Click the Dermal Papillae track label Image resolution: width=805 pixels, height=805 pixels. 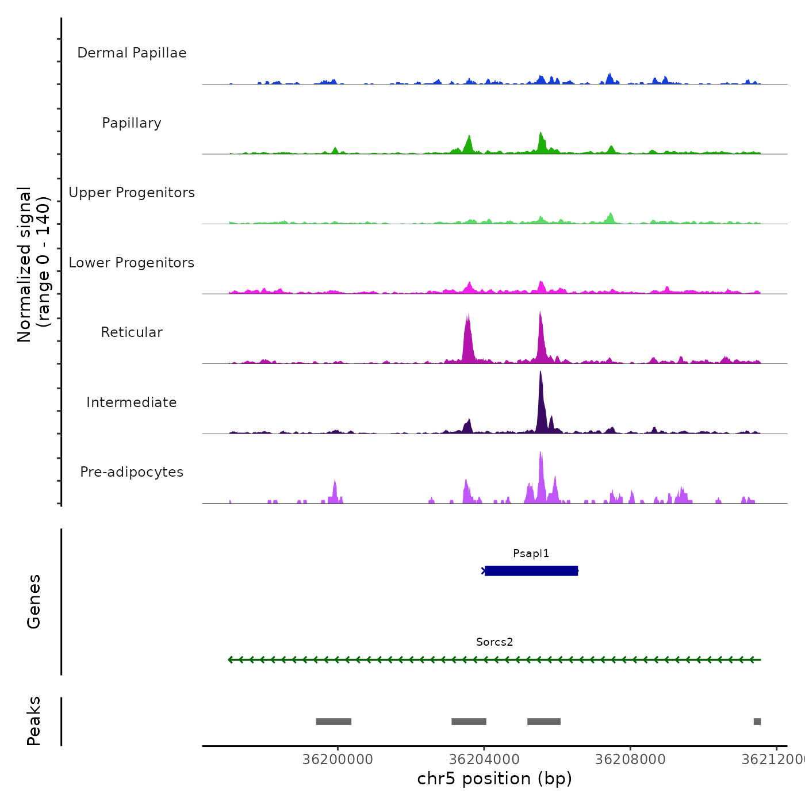click(132, 53)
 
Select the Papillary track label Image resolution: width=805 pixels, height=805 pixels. click(132, 123)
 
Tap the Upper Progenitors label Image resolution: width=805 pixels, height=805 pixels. click(132, 193)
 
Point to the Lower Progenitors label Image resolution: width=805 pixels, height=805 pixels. click(132, 263)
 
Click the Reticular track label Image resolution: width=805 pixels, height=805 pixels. click(132, 332)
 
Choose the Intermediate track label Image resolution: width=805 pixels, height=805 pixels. click(132, 402)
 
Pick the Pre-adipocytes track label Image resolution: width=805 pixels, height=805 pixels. click(132, 472)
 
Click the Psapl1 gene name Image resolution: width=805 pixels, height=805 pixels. click(531, 554)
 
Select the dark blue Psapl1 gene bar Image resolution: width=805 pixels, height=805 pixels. click(531, 571)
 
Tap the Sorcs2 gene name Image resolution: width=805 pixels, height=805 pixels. click(494, 642)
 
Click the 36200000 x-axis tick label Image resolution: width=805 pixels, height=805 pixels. click(338, 760)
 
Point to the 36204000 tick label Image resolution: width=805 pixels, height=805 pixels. click(484, 760)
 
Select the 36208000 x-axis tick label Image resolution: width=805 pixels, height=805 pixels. click(630, 760)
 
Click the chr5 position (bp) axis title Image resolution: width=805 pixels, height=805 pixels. click(494, 779)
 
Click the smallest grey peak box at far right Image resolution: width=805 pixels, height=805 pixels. click(757, 722)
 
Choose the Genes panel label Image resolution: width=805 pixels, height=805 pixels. click(34, 601)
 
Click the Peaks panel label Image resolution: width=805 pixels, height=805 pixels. click(34, 721)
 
